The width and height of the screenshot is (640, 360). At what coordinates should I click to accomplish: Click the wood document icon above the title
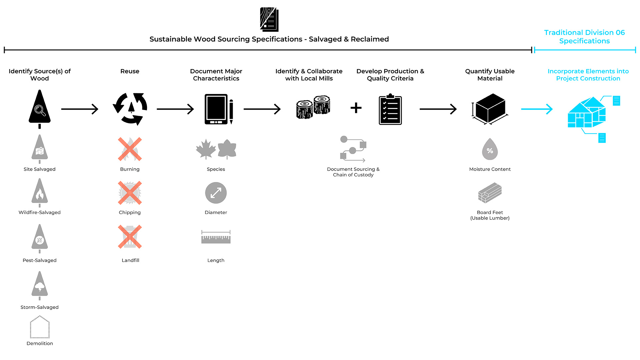click(269, 19)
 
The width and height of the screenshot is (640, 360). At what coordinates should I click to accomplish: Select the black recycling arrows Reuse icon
click(130, 109)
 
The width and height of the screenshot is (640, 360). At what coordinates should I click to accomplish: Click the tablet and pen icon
click(218, 109)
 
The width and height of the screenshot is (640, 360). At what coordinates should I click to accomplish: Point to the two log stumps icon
click(313, 107)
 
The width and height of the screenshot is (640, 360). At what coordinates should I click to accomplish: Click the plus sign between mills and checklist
click(356, 108)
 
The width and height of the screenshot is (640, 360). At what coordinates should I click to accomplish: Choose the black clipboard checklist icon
click(390, 109)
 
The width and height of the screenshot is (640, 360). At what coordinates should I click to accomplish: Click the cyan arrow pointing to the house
click(537, 109)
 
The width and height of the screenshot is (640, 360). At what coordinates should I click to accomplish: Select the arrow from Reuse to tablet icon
click(175, 109)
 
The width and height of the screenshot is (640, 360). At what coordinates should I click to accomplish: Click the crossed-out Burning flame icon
click(130, 149)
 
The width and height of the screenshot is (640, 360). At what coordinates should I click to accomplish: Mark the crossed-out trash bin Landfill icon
click(130, 237)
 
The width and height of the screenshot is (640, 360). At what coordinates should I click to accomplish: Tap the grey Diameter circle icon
click(216, 193)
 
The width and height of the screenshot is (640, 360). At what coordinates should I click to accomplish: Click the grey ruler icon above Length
click(216, 237)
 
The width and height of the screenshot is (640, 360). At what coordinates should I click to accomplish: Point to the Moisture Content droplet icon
click(490, 149)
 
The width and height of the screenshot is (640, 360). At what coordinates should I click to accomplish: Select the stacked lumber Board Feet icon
click(490, 193)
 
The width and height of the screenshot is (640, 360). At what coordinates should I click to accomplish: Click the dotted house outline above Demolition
click(40, 327)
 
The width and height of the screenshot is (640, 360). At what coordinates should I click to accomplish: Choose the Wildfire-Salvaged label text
click(40, 212)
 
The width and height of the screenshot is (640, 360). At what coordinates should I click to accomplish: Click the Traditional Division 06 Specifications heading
click(584, 37)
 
